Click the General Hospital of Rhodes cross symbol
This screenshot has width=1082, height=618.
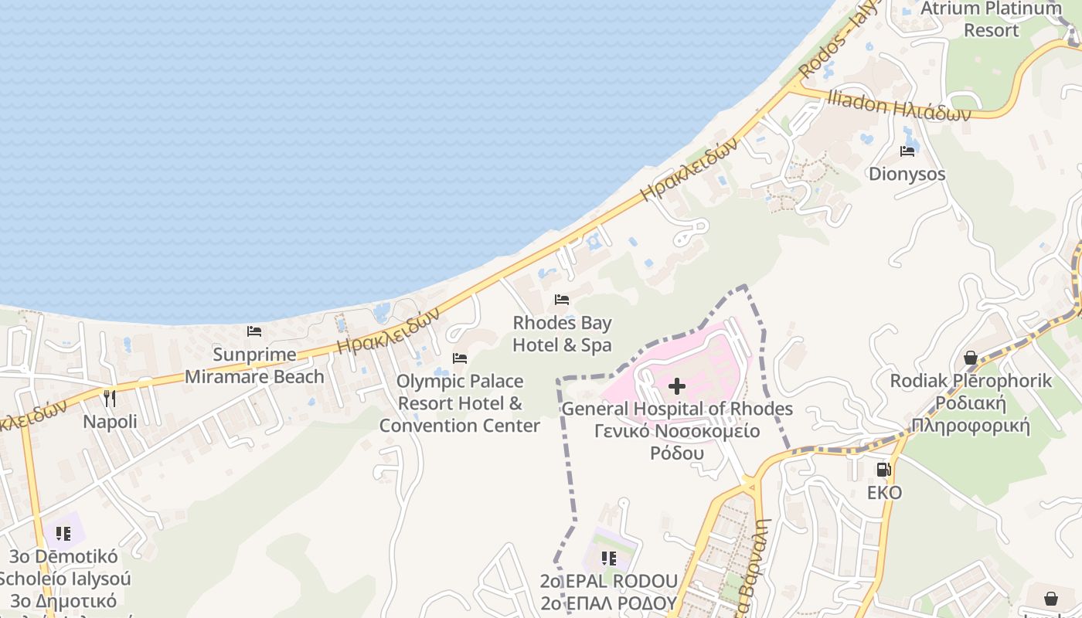[x=677, y=386]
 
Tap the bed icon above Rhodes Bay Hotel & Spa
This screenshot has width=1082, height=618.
[x=562, y=300]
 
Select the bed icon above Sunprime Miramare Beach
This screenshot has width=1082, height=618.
[x=254, y=331]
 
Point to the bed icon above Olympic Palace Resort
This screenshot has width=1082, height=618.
[x=460, y=358]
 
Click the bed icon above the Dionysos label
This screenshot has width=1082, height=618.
[x=907, y=151]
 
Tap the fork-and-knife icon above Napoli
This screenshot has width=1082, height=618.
[x=110, y=399]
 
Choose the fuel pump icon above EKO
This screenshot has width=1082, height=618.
[x=884, y=470]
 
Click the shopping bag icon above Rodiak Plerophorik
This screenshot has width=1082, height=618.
[x=971, y=358]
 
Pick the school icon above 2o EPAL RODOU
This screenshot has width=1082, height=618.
[x=609, y=558]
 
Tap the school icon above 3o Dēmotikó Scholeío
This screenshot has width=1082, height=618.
[x=63, y=533]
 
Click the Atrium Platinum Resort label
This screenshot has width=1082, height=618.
[x=1012, y=19]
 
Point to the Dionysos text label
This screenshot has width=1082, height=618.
[x=907, y=174]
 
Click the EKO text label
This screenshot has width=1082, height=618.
[x=884, y=492]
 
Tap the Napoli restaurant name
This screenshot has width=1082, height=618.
[x=110, y=422]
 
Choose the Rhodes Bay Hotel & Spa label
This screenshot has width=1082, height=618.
[x=562, y=334]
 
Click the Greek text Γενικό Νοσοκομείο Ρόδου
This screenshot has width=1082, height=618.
[x=677, y=442]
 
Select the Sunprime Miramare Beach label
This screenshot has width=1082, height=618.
[x=254, y=365]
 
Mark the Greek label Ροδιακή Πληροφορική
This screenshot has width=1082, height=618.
[x=971, y=414]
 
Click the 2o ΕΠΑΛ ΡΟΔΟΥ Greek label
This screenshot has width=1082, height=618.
[x=609, y=603]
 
